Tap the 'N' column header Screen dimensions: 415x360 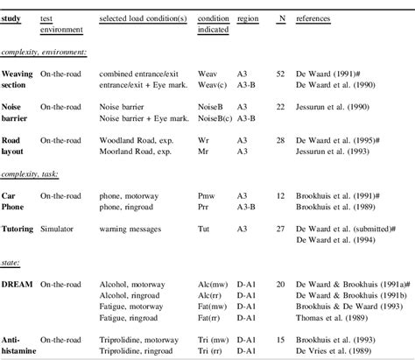(x=280, y=19)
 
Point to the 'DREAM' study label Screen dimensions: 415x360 (x=18, y=286)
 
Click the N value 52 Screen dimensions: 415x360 (x=279, y=67)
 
